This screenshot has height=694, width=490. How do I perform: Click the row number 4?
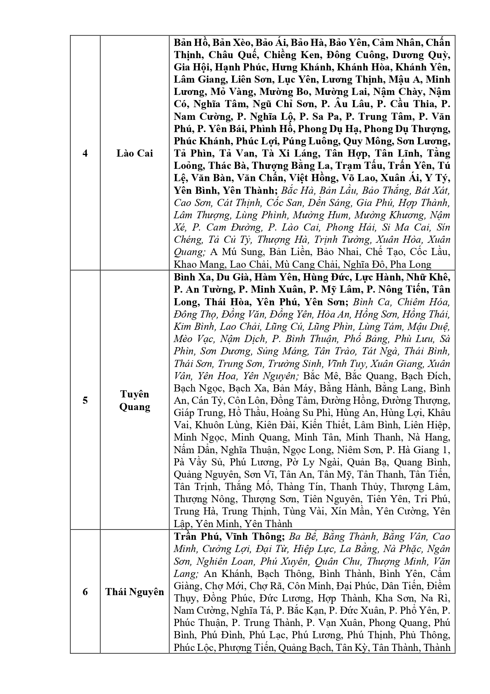85,153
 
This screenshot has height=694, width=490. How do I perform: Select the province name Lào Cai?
135,153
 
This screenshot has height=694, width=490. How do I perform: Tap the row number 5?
85,401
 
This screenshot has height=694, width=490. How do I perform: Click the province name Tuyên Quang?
135,401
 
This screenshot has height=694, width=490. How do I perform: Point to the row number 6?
85,592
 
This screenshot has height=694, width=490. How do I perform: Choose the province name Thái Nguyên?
135,592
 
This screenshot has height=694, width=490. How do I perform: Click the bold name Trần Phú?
195,537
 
